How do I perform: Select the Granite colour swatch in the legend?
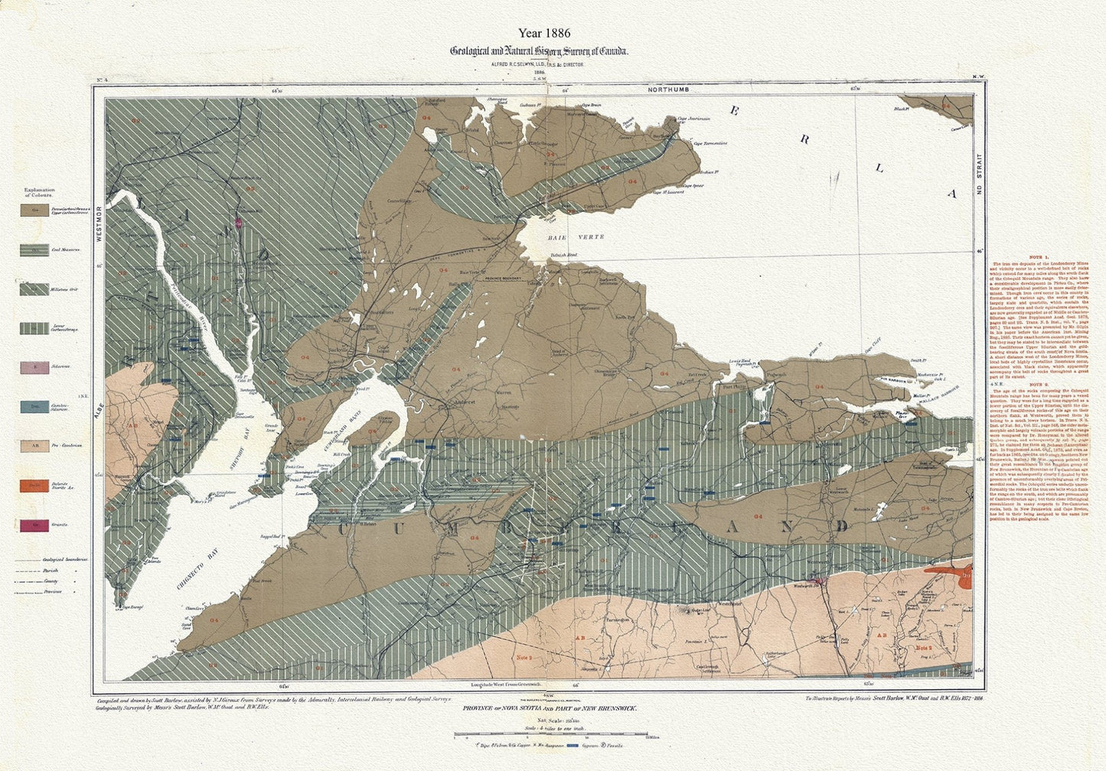tap(32, 525)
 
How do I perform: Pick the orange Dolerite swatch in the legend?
tap(32, 485)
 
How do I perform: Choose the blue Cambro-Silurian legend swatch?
tap(32, 406)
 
